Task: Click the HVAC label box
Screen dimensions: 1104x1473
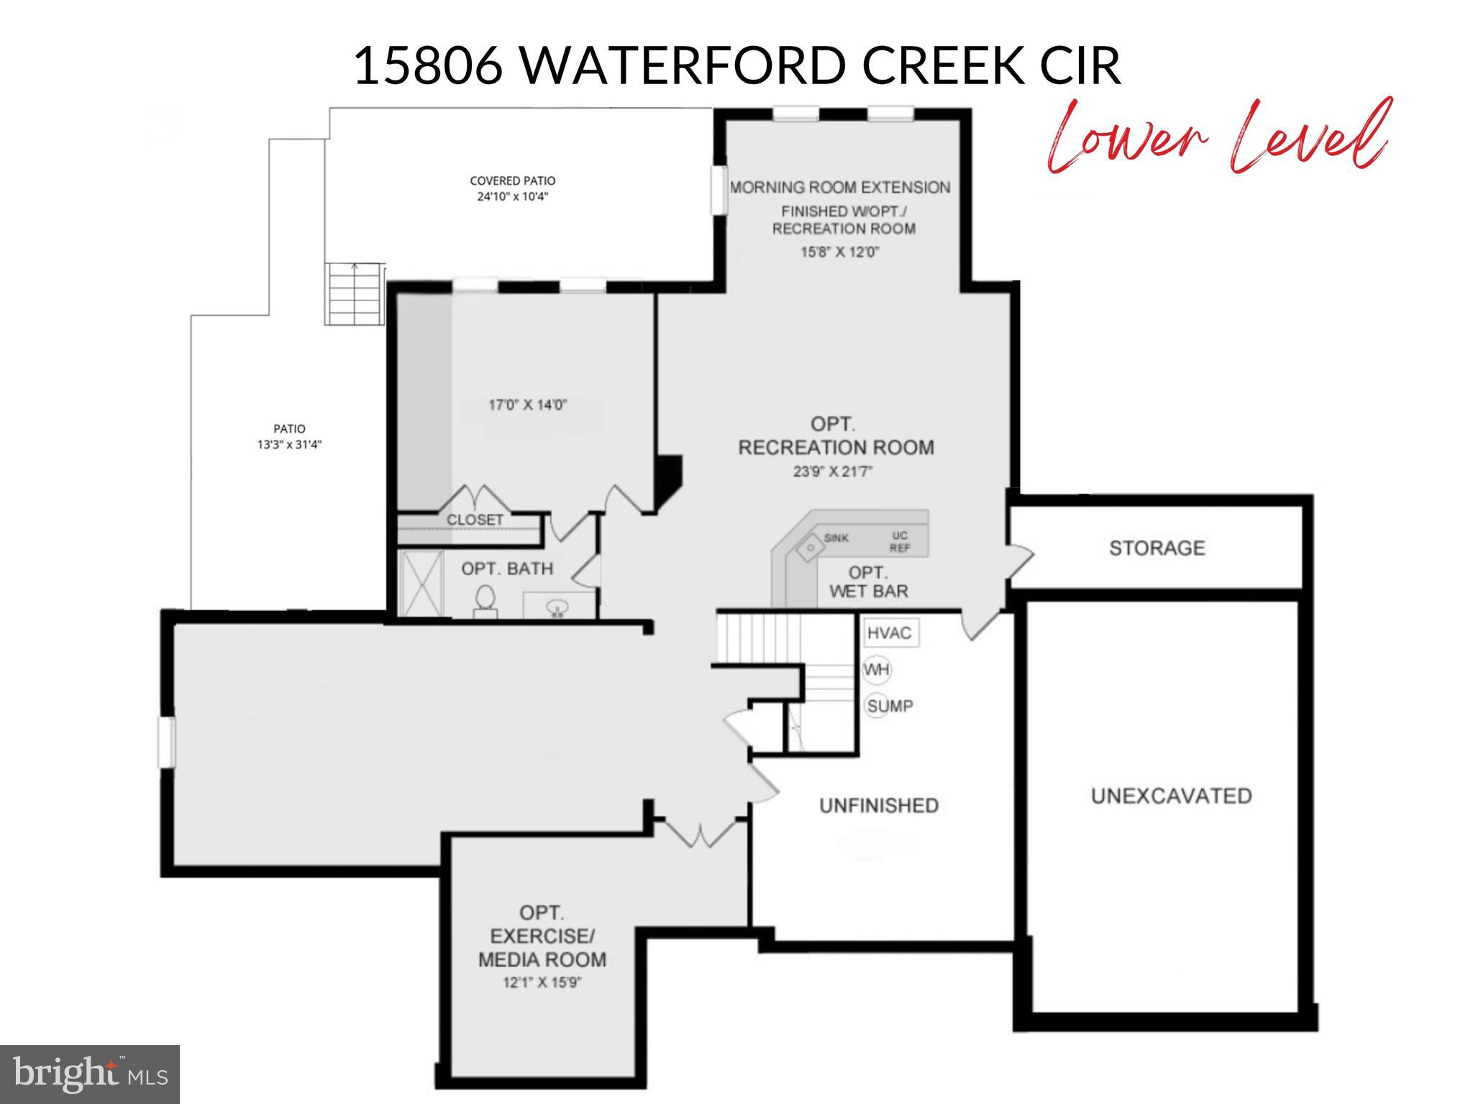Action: [x=890, y=633]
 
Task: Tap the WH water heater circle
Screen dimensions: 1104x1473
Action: [x=877, y=670]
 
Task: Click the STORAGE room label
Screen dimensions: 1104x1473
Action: [x=1157, y=548]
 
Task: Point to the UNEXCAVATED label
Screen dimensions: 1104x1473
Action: [x=1171, y=796]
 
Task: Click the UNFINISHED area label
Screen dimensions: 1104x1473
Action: [x=879, y=806]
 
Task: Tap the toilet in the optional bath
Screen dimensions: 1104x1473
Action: [x=485, y=601]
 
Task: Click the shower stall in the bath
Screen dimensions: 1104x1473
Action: [x=420, y=583]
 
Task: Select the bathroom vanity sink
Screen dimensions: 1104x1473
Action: [x=556, y=608]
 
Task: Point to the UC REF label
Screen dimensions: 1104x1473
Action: [x=899, y=542]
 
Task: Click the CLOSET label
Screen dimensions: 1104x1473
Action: [x=475, y=519]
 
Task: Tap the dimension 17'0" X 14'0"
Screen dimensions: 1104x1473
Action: [x=528, y=405]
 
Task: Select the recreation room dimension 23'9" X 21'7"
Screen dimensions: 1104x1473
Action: [x=835, y=472]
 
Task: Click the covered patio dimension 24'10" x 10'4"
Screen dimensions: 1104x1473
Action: [x=512, y=196]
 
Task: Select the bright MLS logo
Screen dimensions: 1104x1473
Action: [x=89, y=1074]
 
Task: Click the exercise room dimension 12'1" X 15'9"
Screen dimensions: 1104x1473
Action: [x=542, y=983]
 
